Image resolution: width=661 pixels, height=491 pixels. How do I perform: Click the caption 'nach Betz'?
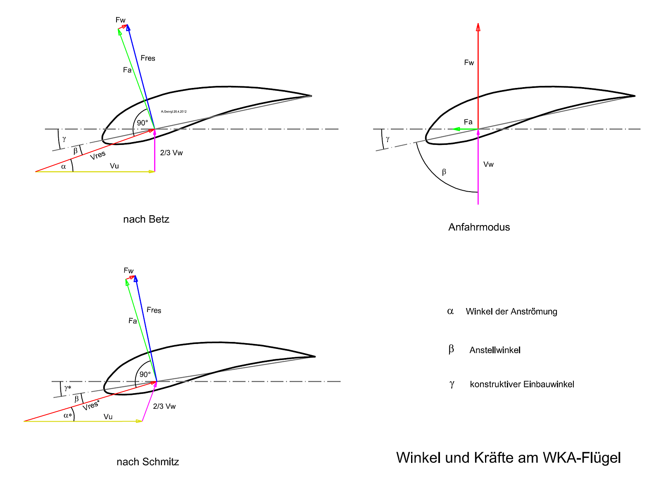click(x=146, y=219)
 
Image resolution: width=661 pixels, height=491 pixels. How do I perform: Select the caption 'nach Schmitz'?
click(x=147, y=462)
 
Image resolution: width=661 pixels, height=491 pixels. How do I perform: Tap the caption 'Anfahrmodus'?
click(x=479, y=227)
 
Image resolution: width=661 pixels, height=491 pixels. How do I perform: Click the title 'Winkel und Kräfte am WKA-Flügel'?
click(x=508, y=458)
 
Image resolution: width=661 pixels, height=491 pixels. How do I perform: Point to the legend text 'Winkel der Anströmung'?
click(x=511, y=311)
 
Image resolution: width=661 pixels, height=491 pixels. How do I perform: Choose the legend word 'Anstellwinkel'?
click(x=495, y=350)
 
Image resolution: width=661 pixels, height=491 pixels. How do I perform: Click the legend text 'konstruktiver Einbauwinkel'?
click(x=522, y=384)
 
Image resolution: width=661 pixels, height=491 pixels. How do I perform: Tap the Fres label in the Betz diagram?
click(x=147, y=58)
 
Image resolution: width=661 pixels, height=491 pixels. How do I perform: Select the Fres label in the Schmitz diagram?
click(x=154, y=310)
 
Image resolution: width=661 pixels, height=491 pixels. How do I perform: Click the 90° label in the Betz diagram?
click(x=143, y=123)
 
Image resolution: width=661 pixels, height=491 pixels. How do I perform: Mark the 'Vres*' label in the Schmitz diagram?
click(x=91, y=405)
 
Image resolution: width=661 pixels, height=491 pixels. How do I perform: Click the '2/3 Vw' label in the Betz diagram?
click(x=171, y=153)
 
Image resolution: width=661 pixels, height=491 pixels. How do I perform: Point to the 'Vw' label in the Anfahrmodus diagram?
click(x=488, y=164)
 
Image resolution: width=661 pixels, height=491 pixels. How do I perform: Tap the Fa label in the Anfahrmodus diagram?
click(x=468, y=122)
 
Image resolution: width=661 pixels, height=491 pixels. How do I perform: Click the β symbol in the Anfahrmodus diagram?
click(x=444, y=172)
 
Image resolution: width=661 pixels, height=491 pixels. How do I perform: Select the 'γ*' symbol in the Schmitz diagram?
click(x=68, y=388)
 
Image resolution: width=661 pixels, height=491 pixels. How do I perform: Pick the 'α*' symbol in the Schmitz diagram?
click(x=68, y=415)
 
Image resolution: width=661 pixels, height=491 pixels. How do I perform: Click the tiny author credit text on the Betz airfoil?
click(x=174, y=111)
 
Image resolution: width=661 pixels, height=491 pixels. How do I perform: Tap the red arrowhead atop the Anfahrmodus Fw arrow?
click(x=478, y=27)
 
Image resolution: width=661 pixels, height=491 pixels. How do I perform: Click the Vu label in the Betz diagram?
click(x=114, y=166)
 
